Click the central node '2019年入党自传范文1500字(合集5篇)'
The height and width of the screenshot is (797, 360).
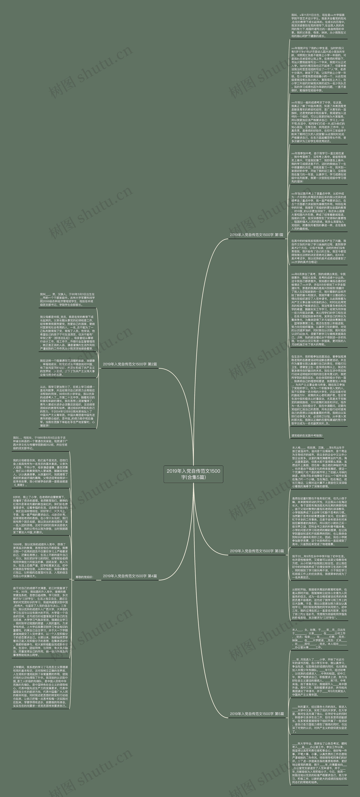coord(193,474)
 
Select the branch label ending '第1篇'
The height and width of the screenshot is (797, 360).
coord(256,235)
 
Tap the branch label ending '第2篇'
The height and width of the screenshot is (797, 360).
coord(130,364)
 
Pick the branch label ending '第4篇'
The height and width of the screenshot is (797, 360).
coord(130,576)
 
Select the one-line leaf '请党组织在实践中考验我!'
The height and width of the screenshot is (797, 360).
coord(307,435)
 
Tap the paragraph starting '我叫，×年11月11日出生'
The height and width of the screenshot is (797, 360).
coord(319,25)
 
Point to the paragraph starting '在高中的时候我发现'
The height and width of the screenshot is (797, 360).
coord(319,251)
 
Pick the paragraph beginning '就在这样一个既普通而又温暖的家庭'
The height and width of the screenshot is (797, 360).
coord(67,368)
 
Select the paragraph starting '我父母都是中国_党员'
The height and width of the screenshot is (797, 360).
coord(67,333)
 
